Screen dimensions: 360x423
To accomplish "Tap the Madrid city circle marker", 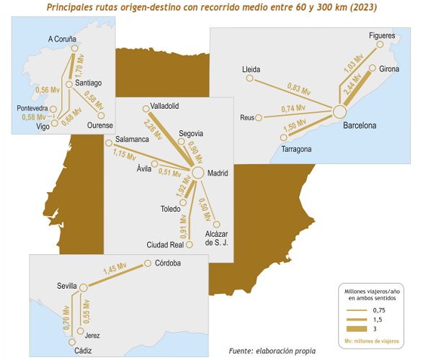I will tap(197, 174).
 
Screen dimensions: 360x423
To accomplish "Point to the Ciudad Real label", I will tap(166, 244).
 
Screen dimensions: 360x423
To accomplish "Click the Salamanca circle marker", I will tap(108, 143).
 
